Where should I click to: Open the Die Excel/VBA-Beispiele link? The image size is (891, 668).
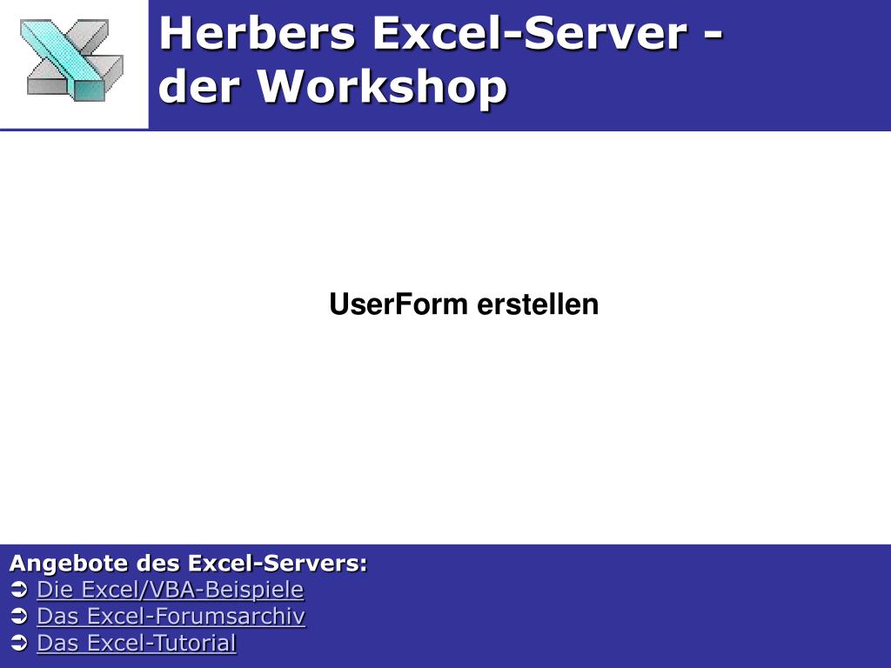point(170,590)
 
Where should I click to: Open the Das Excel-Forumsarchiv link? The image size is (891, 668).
point(171,617)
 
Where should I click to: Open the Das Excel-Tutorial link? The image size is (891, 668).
point(136,644)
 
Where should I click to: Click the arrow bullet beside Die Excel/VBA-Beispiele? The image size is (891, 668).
point(19,591)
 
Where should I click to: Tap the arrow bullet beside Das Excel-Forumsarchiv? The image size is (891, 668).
point(19,618)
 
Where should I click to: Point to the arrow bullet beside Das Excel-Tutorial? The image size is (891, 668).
point(19,645)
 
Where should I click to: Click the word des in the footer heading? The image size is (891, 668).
point(158,564)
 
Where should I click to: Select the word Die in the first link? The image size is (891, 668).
point(50,590)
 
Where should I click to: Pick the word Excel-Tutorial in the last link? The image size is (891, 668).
point(162,644)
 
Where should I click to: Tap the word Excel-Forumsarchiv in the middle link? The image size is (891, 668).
point(197,617)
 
